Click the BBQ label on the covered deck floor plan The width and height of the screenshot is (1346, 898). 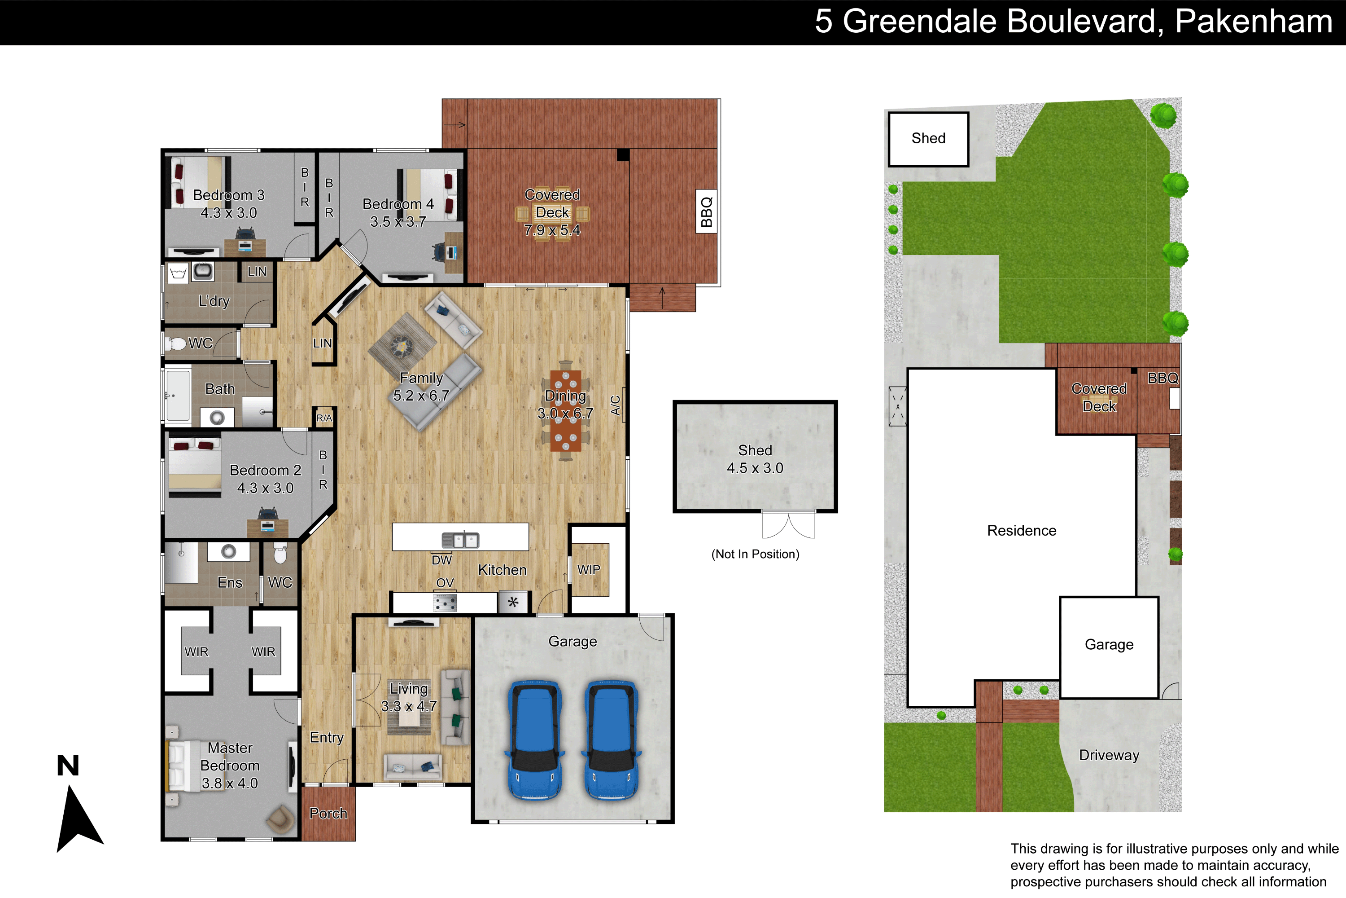pos(706,211)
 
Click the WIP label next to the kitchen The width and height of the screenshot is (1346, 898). pos(589,570)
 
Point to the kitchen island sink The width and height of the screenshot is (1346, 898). pos(461,540)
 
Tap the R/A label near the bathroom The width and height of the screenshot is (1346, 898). pos(324,418)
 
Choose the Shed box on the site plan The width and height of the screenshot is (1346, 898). pos(928,139)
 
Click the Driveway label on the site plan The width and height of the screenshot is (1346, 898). pos(1109,755)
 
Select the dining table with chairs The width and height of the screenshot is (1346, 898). pos(565,411)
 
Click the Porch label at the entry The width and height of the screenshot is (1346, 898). pos(328,813)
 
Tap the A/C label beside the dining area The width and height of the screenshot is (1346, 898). pos(616,405)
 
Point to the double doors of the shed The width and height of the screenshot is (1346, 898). pos(789,524)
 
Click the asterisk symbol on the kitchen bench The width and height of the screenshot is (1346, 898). pos(513,603)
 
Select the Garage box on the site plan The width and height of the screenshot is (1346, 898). pos(1109,648)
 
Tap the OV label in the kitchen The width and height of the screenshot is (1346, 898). pos(445,583)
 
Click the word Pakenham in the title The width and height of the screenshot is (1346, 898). pos(1253,22)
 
